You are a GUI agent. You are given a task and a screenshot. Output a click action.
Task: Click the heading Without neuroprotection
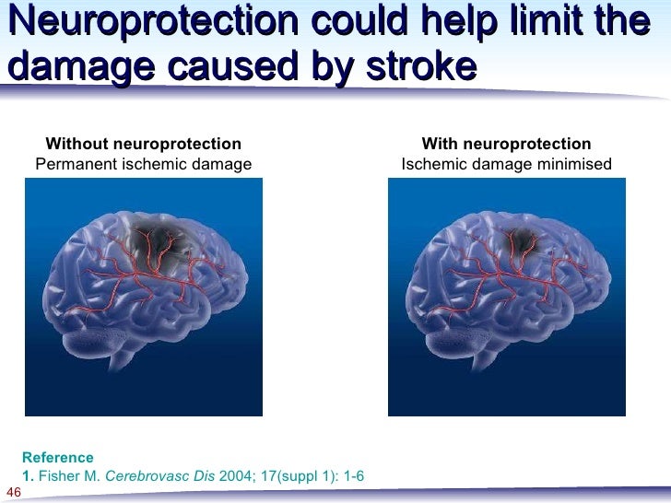144,144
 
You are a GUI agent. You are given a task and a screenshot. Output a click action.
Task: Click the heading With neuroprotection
506,144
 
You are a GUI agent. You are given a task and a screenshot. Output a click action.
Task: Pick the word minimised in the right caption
572,164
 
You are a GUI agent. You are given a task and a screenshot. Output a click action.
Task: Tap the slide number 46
13,492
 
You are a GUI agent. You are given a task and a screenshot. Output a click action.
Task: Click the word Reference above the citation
57,457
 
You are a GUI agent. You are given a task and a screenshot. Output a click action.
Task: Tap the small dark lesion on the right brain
523,240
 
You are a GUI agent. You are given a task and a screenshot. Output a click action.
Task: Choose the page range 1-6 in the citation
352,475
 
